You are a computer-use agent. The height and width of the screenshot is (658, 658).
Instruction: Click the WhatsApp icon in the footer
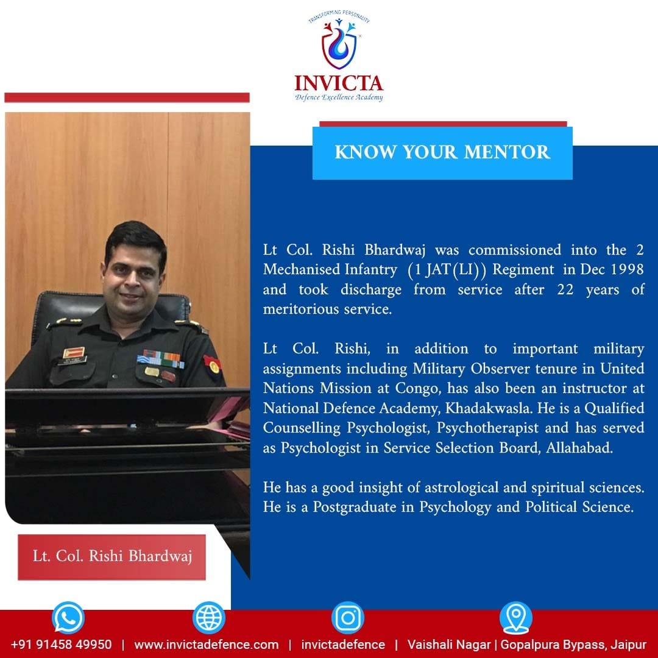click(x=68, y=617)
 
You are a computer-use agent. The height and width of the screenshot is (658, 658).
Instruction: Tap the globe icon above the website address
click(x=208, y=617)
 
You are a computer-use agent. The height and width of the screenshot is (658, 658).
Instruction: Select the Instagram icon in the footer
click(x=347, y=617)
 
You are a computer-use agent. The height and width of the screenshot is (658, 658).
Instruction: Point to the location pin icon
click(x=516, y=617)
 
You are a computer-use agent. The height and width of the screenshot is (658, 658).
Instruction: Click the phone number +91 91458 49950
click(x=62, y=645)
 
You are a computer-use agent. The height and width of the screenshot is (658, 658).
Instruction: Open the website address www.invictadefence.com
click(x=207, y=645)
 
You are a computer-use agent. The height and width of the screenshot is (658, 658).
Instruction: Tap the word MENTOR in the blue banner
click(x=507, y=152)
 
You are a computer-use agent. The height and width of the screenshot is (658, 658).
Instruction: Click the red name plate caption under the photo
click(x=111, y=557)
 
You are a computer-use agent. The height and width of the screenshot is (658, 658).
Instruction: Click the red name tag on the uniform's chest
click(x=74, y=353)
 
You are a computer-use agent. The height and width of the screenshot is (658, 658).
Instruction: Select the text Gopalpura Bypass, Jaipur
click(x=573, y=645)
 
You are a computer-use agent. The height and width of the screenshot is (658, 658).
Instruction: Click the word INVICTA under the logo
click(x=339, y=83)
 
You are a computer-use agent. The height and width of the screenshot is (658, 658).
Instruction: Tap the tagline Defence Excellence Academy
click(x=339, y=97)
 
